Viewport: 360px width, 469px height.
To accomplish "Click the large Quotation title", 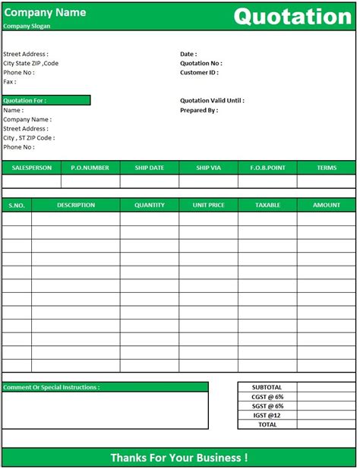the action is [x=292, y=16].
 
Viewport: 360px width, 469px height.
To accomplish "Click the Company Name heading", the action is [x=45, y=12].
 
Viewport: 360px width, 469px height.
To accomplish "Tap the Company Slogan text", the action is [x=27, y=26].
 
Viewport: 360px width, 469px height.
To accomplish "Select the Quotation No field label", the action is [x=201, y=64].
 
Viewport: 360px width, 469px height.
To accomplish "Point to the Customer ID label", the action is [x=199, y=73].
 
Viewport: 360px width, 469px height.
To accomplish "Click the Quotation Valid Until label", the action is [x=212, y=101].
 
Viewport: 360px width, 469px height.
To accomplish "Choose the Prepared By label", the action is [x=199, y=110].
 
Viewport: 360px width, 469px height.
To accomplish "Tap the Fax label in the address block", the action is [x=10, y=82].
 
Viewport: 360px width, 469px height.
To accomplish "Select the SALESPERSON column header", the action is [x=31, y=168].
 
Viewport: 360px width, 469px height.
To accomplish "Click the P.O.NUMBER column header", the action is [x=90, y=168].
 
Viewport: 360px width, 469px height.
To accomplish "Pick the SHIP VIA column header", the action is [x=208, y=168].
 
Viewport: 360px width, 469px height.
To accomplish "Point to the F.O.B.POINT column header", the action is [x=267, y=168].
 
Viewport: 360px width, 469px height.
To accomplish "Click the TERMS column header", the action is [x=327, y=168].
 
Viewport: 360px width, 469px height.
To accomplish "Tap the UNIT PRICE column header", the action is [x=208, y=205].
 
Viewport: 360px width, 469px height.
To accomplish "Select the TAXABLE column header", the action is [x=267, y=205].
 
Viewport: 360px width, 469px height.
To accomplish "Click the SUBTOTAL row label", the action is [x=267, y=387].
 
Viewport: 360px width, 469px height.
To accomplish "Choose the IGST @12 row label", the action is [x=267, y=415].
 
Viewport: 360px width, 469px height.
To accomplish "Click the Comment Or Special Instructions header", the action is [x=52, y=387].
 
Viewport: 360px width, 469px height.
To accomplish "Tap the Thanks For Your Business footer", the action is [x=179, y=458].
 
